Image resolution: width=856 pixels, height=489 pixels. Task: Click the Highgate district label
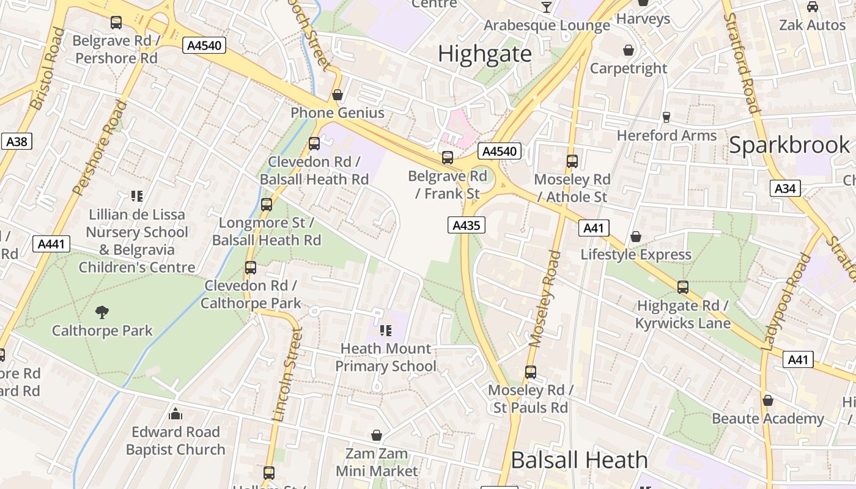point(485,54)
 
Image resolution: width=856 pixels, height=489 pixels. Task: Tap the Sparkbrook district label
point(789,145)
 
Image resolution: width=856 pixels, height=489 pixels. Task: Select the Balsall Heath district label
point(579,460)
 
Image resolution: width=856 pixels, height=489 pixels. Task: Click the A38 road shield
point(17,142)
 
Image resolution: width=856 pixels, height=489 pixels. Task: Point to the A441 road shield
point(51,244)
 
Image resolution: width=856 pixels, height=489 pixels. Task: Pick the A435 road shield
point(466,225)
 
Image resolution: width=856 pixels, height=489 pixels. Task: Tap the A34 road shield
point(785,188)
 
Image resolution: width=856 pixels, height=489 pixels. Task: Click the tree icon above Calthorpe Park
point(102,312)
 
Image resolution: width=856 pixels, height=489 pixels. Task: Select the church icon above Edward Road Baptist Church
point(175,414)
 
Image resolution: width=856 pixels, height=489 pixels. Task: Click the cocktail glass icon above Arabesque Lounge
point(547,7)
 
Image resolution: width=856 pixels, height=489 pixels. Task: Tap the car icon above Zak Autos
point(812,7)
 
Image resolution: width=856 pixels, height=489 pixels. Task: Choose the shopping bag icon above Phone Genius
point(337,95)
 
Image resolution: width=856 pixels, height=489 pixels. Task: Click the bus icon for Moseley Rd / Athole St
point(572,161)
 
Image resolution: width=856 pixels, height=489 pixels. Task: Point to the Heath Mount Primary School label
point(386,357)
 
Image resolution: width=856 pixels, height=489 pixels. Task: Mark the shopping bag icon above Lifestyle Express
point(636,237)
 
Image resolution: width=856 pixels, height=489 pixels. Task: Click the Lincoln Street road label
point(287,374)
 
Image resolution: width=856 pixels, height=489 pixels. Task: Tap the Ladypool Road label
point(786,302)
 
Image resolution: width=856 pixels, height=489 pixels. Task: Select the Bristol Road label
point(47,68)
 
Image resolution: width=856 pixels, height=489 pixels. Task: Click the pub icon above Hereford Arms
point(666,117)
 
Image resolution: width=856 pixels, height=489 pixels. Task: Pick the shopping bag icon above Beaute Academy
point(767,400)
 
